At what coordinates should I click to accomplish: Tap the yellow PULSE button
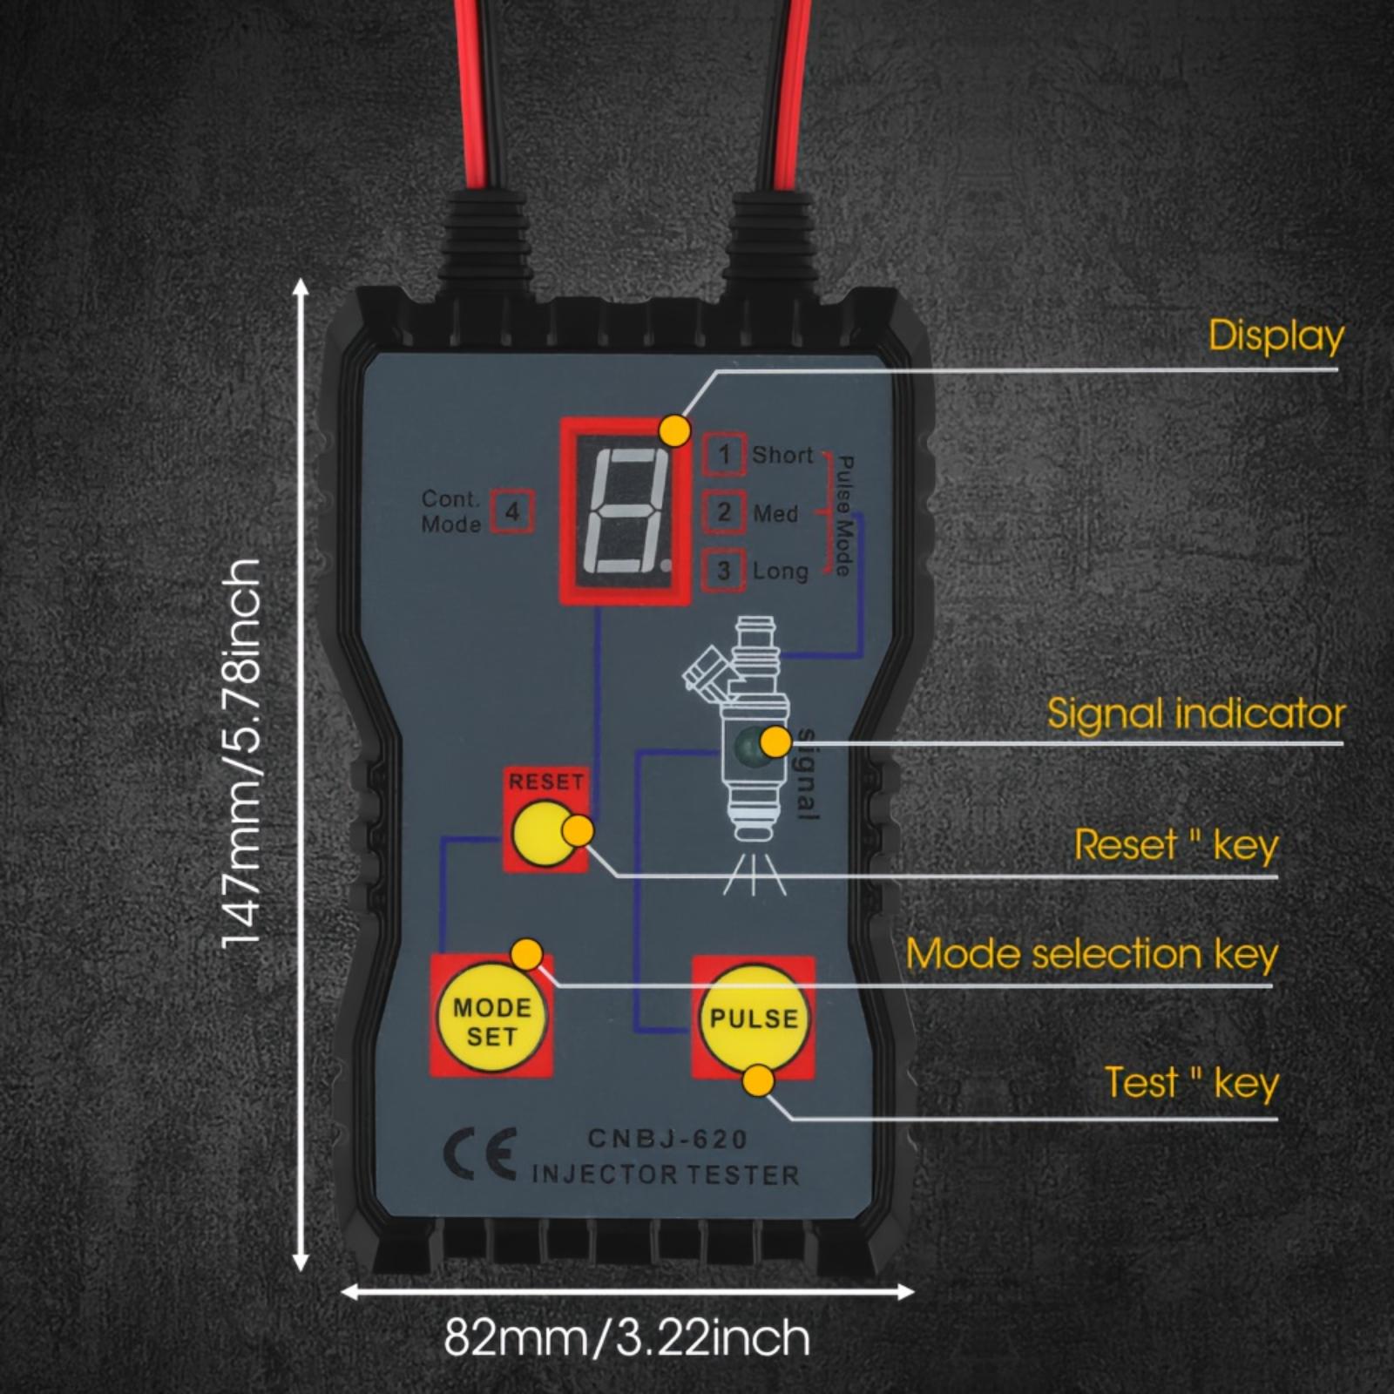[x=753, y=1018]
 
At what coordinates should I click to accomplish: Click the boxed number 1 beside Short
[x=724, y=454]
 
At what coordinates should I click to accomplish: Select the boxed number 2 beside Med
[x=724, y=512]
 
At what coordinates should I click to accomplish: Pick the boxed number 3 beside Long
[x=724, y=571]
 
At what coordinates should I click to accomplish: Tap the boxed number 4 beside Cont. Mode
[x=512, y=511]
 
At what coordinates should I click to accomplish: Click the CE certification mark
[x=480, y=1154]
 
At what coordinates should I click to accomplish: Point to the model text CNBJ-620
[x=667, y=1139]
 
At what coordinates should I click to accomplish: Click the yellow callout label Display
[x=1276, y=336]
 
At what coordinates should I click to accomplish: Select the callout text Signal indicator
[x=1195, y=714]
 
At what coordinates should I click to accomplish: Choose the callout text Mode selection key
[x=1091, y=954]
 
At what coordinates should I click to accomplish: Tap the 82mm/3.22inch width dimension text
[x=626, y=1337]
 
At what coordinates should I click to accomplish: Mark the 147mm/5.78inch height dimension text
[x=242, y=755]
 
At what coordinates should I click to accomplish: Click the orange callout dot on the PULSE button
[x=759, y=1081]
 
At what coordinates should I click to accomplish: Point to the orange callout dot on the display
[x=675, y=430]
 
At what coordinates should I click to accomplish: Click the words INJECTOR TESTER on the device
[x=666, y=1174]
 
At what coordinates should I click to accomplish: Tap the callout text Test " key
[x=1191, y=1083]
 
